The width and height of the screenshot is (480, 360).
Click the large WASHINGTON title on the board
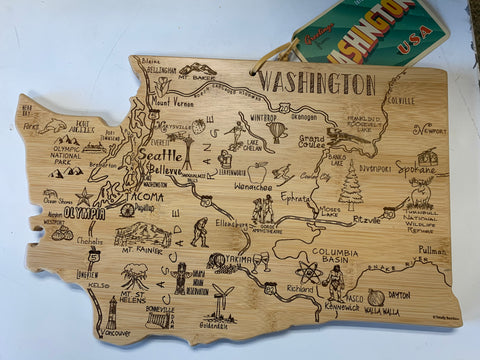tap(316, 83)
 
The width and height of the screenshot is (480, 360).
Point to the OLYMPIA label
tap(84, 213)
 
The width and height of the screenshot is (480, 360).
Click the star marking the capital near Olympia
tap(84, 196)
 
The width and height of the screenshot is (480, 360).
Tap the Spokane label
tap(415, 169)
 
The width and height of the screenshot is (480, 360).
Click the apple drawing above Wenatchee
tap(257, 172)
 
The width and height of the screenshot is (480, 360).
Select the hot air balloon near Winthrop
tap(277, 131)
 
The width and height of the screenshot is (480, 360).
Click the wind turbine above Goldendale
tap(222, 299)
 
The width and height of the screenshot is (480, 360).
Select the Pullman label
tap(432, 250)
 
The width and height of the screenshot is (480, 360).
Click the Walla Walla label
tap(383, 311)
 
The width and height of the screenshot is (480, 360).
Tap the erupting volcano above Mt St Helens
tap(135, 275)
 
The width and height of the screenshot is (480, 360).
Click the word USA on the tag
tap(407, 47)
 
